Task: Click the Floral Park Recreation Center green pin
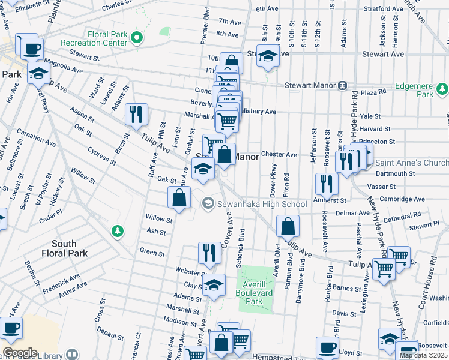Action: [137, 38]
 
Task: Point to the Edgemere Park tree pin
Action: [442, 89]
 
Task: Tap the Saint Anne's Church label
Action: [411, 163]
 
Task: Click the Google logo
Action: [19, 352]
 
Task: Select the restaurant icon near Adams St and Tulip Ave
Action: [137, 114]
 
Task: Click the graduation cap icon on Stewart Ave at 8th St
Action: [268, 58]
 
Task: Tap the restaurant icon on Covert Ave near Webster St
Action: [209, 253]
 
